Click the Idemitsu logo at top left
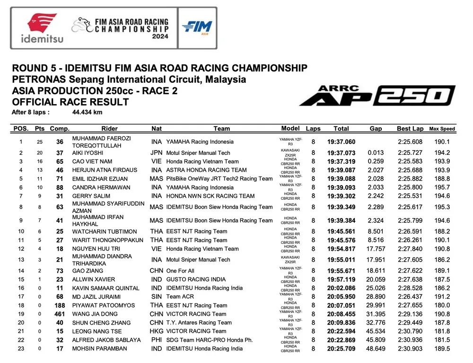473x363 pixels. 42,28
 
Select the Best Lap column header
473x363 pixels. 410,128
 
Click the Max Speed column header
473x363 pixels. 442,129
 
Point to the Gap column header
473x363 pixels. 376,128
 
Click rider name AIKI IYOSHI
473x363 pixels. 88,153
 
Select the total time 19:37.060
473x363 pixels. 341,142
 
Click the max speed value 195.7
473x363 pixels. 442,187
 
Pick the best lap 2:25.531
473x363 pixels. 410,196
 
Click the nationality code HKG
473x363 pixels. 157,331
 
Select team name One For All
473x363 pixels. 180,271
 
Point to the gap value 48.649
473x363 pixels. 376,349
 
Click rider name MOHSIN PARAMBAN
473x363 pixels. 99,349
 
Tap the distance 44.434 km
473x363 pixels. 87,113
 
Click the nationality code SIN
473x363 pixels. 157,297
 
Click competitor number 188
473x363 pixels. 60,305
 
